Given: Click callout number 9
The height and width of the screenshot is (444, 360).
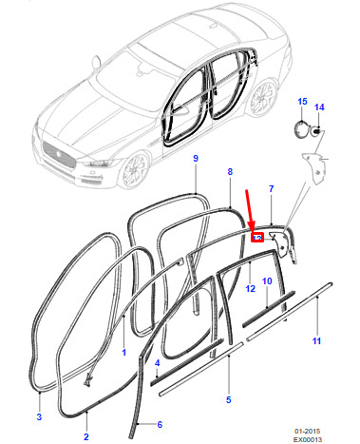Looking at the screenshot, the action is pyautogui.click(x=196, y=158).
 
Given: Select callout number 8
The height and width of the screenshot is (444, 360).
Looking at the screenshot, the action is pyautogui.click(x=230, y=171).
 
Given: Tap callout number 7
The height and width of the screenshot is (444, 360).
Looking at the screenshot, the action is pyautogui.click(x=271, y=189).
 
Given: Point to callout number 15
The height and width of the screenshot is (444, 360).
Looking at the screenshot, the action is pyautogui.click(x=302, y=102).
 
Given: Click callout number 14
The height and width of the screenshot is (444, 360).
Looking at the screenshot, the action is pyautogui.click(x=319, y=107).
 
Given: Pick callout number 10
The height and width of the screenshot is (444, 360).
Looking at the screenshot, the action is pyautogui.click(x=267, y=281).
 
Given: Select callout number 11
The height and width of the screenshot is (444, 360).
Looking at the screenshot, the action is pyautogui.click(x=316, y=341).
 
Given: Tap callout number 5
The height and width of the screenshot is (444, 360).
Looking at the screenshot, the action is pyautogui.click(x=229, y=399).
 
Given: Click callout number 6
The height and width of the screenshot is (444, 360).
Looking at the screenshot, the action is pyautogui.click(x=160, y=424).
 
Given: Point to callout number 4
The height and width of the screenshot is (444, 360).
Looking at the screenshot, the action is pyautogui.click(x=158, y=363).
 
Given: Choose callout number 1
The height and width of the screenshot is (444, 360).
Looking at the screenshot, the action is pyautogui.click(x=124, y=352).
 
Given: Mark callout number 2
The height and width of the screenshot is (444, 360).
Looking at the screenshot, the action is pyautogui.click(x=86, y=436).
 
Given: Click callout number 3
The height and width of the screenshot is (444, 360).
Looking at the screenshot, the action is pyautogui.click(x=39, y=416).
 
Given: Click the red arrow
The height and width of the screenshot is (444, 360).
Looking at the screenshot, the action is pyautogui.click(x=250, y=210).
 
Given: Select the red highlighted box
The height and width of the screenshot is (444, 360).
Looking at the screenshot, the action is pyautogui.click(x=257, y=238).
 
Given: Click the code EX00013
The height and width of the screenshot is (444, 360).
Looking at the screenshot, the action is pyautogui.click(x=307, y=439).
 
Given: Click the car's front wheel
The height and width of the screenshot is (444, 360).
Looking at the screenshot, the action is pyautogui.click(x=134, y=171).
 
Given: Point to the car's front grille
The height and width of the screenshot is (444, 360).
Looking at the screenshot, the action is pyautogui.click(x=59, y=154).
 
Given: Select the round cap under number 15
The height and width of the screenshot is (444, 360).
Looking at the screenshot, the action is pyautogui.click(x=301, y=129).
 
